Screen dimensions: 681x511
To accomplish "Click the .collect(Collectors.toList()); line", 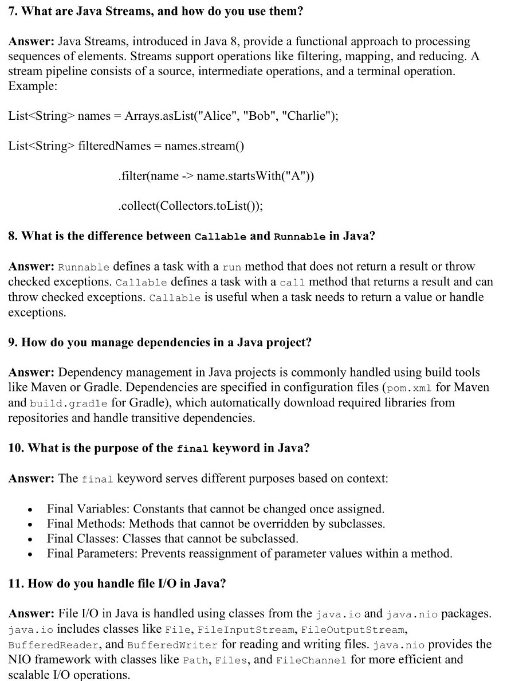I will pos(190,206).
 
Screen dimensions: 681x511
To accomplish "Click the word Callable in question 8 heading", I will pos(221,237).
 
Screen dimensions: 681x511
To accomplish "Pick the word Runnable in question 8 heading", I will pos(300,237).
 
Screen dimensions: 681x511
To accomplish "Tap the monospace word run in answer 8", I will pos(232,267).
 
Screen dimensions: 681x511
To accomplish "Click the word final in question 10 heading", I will pos(194,448).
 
